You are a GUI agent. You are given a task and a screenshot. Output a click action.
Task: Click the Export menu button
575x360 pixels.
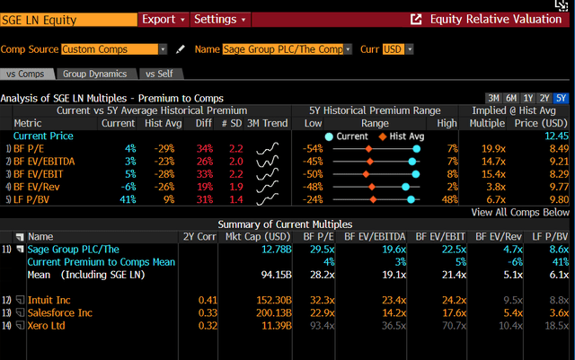tap(163, 19)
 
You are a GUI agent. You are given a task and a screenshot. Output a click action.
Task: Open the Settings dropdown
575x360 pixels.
tap(220, 19)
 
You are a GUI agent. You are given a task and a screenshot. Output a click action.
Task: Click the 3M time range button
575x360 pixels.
tap(493, 98)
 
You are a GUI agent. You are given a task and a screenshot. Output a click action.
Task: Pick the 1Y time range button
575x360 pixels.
tap(528, 98)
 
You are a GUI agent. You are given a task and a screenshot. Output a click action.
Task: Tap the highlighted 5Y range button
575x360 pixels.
tap(561, 98)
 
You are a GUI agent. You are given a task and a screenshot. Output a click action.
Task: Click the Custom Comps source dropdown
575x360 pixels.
tap(114, 49)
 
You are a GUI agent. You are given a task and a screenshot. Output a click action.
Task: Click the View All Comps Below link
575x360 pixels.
tap(520, 212)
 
